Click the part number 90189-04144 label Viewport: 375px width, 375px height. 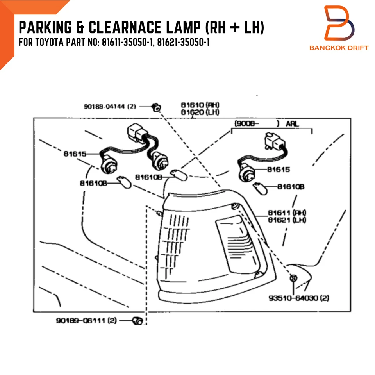110,106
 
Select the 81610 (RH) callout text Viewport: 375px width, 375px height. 200,105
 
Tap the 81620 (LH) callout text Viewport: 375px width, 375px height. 200,112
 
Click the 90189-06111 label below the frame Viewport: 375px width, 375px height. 86,321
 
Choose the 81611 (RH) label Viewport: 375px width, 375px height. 287,213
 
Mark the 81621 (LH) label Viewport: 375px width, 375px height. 287,220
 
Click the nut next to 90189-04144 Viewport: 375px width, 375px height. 156,107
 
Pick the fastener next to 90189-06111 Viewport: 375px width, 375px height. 137,321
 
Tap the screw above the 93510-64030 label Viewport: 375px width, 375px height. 294,278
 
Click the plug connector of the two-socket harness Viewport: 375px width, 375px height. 135,133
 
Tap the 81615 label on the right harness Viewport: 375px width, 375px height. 279,170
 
